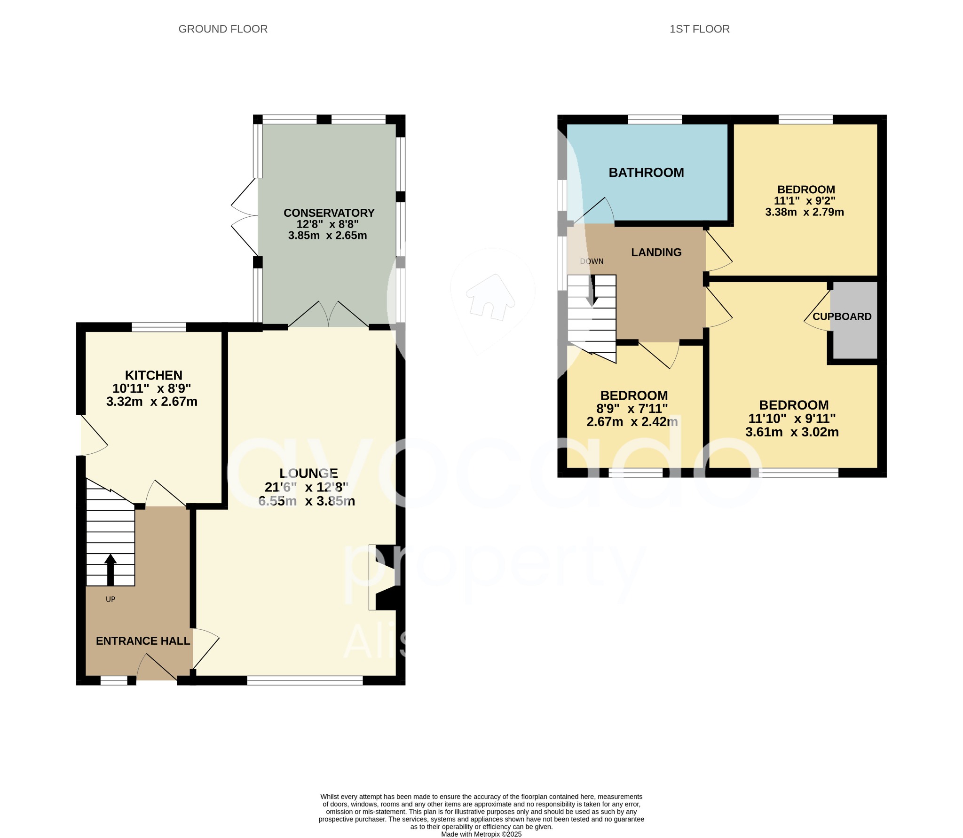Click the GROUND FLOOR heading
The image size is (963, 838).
[223, 29]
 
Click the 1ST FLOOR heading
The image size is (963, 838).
[699, 29]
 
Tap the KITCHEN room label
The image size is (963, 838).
[153, 375]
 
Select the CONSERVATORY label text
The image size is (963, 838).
[329, 213]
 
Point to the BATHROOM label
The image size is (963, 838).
[646, 173]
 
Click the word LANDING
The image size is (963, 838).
[656, 253]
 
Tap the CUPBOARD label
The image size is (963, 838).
[842, 316]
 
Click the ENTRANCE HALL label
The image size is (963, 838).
[143, 641]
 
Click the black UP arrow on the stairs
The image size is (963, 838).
[111, 569]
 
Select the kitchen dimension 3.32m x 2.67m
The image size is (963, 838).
[151, 402]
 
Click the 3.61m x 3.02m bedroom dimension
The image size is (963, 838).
[792, 432]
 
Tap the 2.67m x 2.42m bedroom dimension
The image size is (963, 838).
[632, 422]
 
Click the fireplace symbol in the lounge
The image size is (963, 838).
[383, 577]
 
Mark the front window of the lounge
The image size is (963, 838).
[305, 680]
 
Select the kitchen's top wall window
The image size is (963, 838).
[158, 327]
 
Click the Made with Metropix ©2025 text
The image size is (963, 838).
[481, 834]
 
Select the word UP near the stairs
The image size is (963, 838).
[111, 600]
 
